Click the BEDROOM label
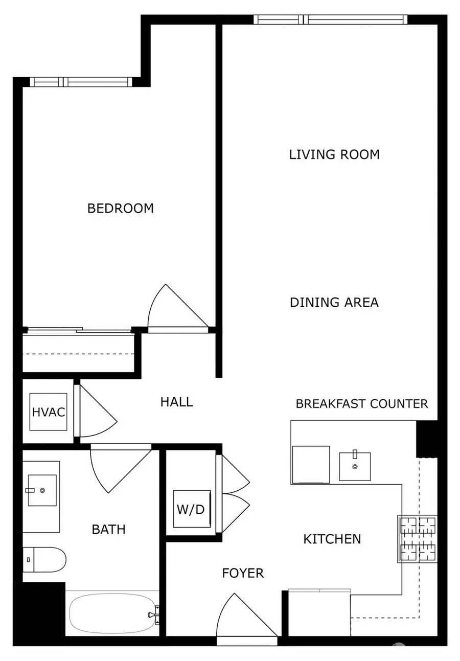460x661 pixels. coord(121,209)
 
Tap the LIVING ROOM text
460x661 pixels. coord(334,154)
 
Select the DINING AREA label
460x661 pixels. coord(334,302)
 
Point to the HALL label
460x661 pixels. coord(176,402)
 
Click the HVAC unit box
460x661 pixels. coord(49,412)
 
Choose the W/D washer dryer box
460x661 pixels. coord(191,509)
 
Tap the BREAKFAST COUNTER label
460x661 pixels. coord(362,404)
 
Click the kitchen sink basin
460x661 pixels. coord(355,466)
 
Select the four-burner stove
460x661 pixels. coord(417,539)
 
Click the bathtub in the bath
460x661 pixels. coord(112,612)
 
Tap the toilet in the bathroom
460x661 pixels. coord(45,560)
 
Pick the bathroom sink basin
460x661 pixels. coord(42,490)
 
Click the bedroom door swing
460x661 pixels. coord(176,310)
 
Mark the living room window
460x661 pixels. coord(330,20)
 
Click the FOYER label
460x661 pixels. coord(243,574)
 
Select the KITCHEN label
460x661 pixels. coord(332,539)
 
